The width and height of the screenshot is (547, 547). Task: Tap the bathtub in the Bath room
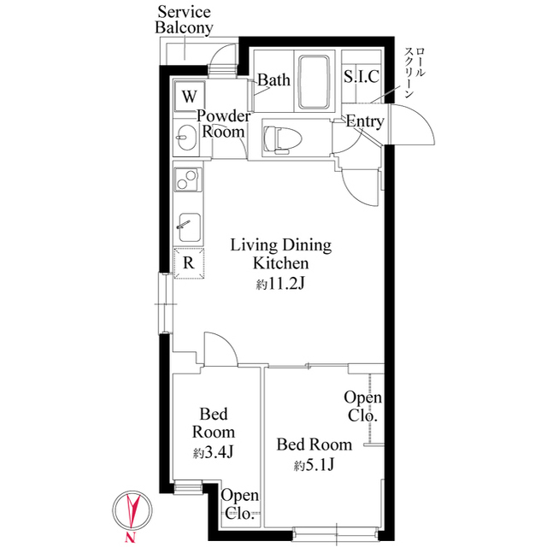(x=316, y=82)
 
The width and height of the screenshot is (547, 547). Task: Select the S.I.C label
(x=362, y=77)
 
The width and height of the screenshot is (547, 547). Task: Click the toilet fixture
(x=278, y=137)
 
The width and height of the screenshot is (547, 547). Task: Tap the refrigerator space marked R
(x=188, y=262)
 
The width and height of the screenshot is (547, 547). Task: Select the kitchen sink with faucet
(x=187, y=226)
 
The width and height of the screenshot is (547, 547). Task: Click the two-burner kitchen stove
(x=187, y=181)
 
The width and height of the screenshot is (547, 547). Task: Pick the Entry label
(x=365, y=122)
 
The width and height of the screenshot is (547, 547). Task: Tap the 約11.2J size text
(x=280, y=285)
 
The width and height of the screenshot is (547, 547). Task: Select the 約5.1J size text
(x=314, y=466)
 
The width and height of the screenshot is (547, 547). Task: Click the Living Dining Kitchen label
(x=280, y=255)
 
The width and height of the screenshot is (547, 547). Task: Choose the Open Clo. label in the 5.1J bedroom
(x=363, y=407)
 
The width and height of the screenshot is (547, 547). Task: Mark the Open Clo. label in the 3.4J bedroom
(x=239, y=505)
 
